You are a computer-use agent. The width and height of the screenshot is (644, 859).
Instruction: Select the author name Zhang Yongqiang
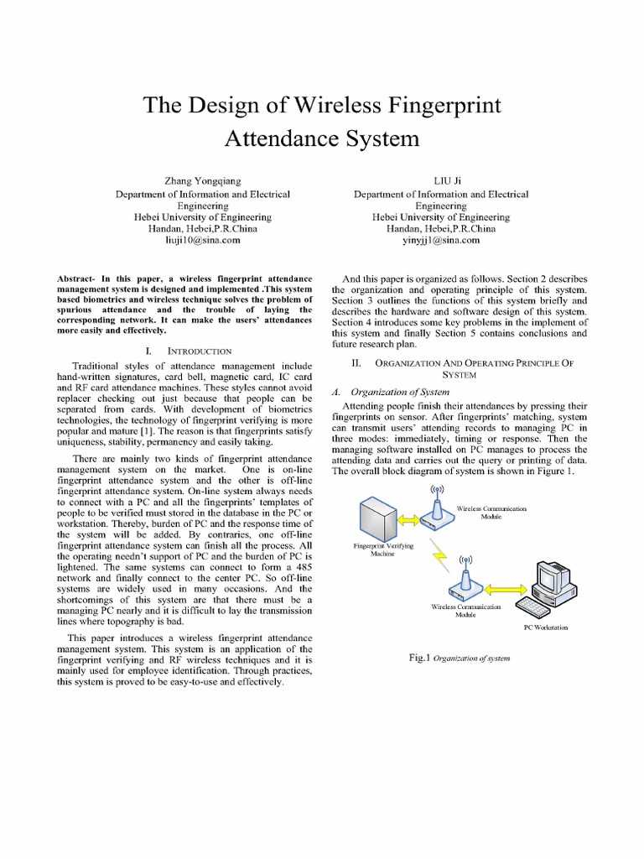(202, 180)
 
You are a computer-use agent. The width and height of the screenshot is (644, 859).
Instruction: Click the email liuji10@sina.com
(202, 240)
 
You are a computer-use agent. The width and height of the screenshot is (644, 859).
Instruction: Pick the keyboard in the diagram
(537, 606)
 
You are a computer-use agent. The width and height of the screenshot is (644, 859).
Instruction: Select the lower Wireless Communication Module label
(465, 611)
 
